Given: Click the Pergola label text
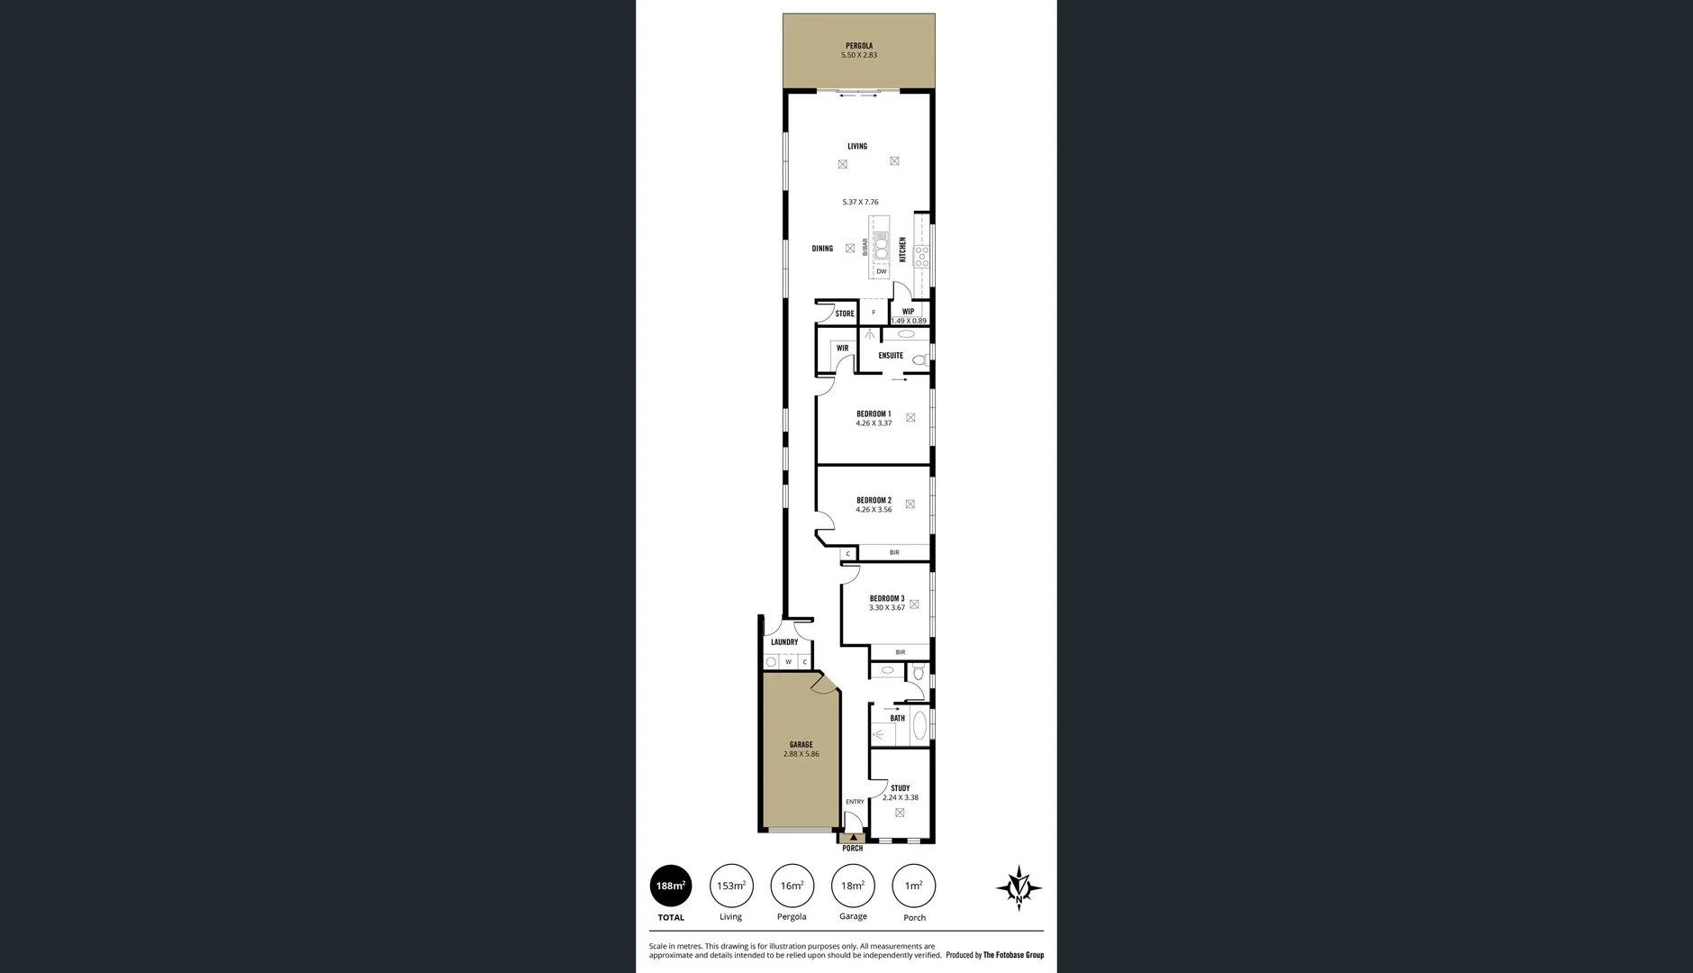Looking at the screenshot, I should pyautogui.click(x=858, y=46).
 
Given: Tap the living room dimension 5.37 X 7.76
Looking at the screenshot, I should pyautogui.click(x=860, y=203).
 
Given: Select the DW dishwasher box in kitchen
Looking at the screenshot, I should pyautogui.click(x=882, y=271).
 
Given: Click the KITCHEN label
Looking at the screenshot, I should pyautogui.click(x=902, y=250).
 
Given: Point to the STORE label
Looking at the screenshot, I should pyautogui.click(x=845, y=314).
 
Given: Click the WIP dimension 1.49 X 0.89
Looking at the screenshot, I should pyautogui.click(x=909, y=321).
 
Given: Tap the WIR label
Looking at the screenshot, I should pyautogui.click(x=842, y=349).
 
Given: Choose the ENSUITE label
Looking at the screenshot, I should pyautogui.click(x=891, y=356).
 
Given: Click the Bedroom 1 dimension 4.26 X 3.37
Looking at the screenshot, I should pyautogui.click(x=874, y=423).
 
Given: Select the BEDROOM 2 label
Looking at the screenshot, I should pyautogui.click(x=874, y=500).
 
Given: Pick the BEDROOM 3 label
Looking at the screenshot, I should pyautogui.click(x=887, y=598).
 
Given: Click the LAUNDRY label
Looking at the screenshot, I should pyautogui.click(x=784, y=642).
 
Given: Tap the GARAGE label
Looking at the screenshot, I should pyautogui.click(x=801, y=745).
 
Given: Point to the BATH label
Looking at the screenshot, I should pyautogui.click(x=897, y=718).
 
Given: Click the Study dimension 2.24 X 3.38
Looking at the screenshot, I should pyautogui.click(x=901, y=797).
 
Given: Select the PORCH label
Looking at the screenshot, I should pyautogui.click(x=852, y=849).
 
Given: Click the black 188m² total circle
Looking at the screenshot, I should pyautogui.click(x=671, y=886).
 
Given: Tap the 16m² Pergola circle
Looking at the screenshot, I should pyautogui.click(x=792, y=886).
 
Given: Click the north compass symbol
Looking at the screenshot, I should pyautogui.click(x=1019, y=887).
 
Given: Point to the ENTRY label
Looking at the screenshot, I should pyautogui.click(x=855, y=802).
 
